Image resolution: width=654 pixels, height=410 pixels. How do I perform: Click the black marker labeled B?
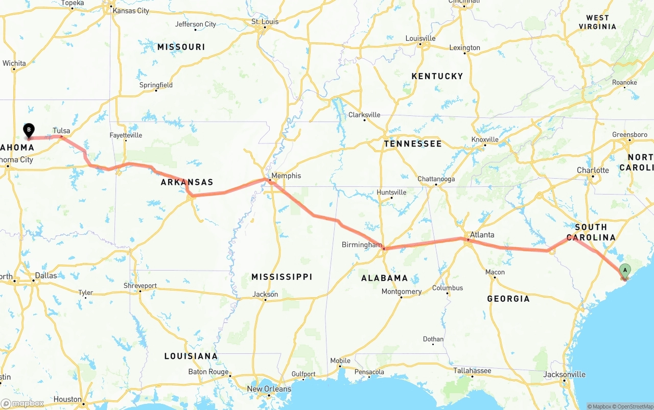pos(29,131)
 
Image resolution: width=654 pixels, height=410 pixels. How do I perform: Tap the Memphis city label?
pos(286,176)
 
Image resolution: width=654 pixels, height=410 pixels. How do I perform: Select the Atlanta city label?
pos(482,235)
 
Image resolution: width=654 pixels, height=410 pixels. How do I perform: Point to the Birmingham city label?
pos(361,245)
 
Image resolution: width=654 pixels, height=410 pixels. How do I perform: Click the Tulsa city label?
pos(61,131)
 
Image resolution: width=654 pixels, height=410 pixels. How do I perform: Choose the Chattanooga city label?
pos(436,179)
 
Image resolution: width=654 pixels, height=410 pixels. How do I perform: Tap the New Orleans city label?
pos(269,389)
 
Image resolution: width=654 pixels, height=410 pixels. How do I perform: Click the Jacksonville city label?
pos(565,374)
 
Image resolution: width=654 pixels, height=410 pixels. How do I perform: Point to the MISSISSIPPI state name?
pos(282,277)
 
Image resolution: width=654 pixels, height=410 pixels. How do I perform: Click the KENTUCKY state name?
pos(437,76)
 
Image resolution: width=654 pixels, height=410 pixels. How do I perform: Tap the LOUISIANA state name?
pos(191,356)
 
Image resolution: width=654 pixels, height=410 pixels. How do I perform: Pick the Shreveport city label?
pos(140,285)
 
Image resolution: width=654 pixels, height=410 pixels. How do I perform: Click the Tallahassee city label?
pos(472,371)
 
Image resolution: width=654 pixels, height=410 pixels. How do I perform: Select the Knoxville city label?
pos(485,139)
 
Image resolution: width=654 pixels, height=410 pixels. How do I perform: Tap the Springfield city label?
pos(156,85)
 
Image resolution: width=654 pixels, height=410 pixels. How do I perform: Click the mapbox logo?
pos(22,403)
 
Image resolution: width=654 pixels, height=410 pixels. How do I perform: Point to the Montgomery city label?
pos(402,292)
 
